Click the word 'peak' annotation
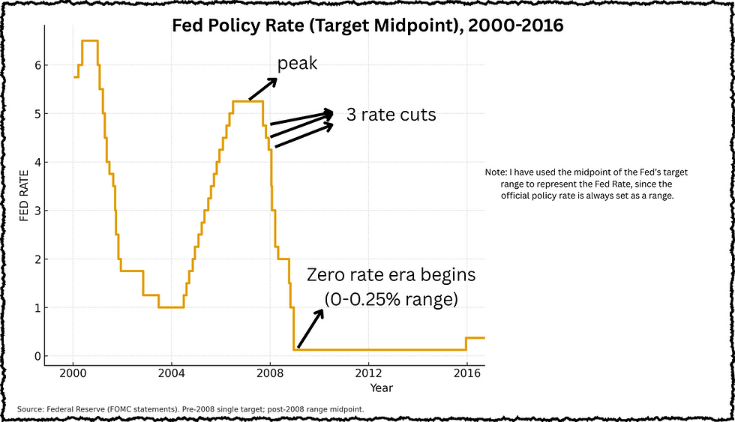[x=298, y=64]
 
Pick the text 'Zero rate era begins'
[x=391, y=275]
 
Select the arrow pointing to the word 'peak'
[x=263, y=88]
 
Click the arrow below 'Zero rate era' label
[x=310, y=328]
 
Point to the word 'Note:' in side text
[x=496, y=172]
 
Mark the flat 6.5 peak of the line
[x=89, y=40]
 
